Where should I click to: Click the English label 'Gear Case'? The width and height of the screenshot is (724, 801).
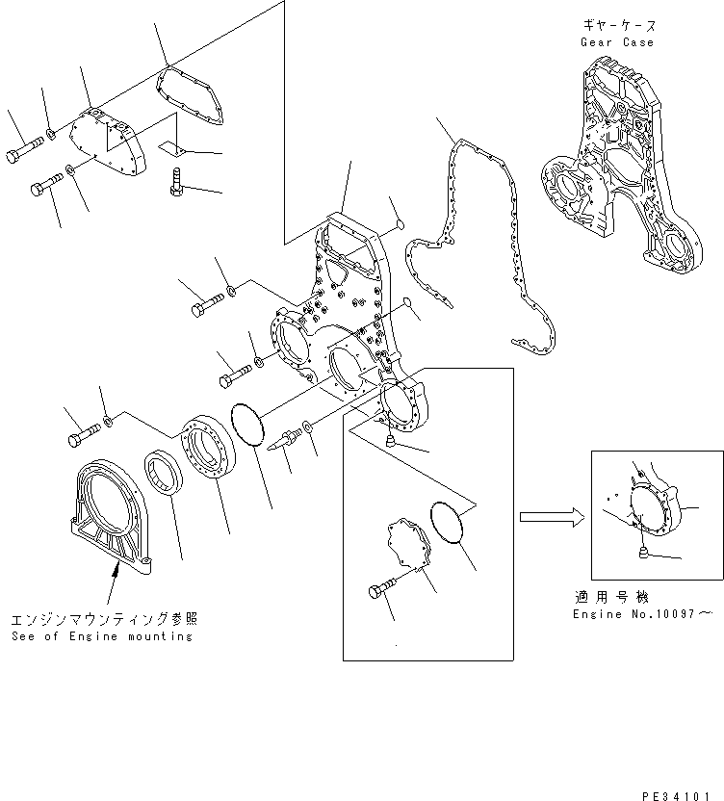pos(616,42)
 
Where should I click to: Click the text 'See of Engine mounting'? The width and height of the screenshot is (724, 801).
pos(102,636)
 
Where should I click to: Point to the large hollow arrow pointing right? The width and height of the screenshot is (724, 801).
pos(548,517)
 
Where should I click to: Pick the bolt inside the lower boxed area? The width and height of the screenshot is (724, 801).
pos(382,590)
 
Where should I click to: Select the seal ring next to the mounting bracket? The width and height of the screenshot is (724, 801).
pos(163,478)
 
